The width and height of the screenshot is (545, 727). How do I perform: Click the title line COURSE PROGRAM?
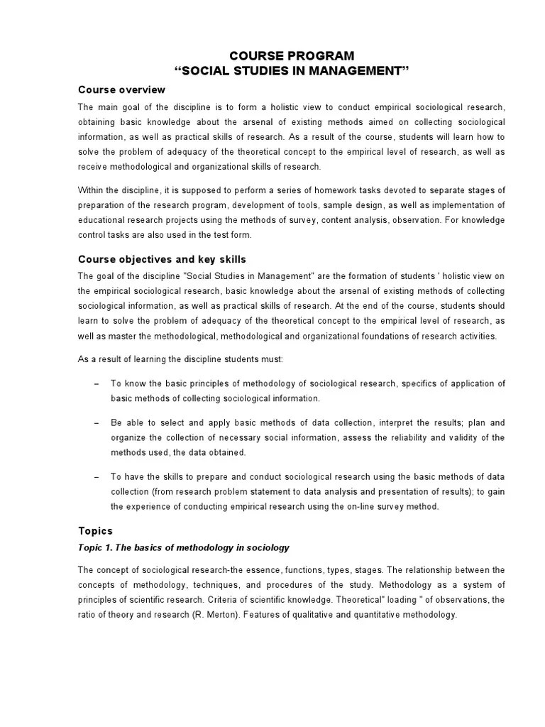tap(293, 56)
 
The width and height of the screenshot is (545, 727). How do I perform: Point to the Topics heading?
tap(94, 530)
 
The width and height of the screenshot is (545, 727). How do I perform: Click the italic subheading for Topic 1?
tap(184, 548)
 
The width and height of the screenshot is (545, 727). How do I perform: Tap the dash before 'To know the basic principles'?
tap(96, 383)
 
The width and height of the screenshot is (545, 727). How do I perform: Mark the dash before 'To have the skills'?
tap(96, 476)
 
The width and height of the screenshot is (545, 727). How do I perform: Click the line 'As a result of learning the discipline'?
tap(180, 359)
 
